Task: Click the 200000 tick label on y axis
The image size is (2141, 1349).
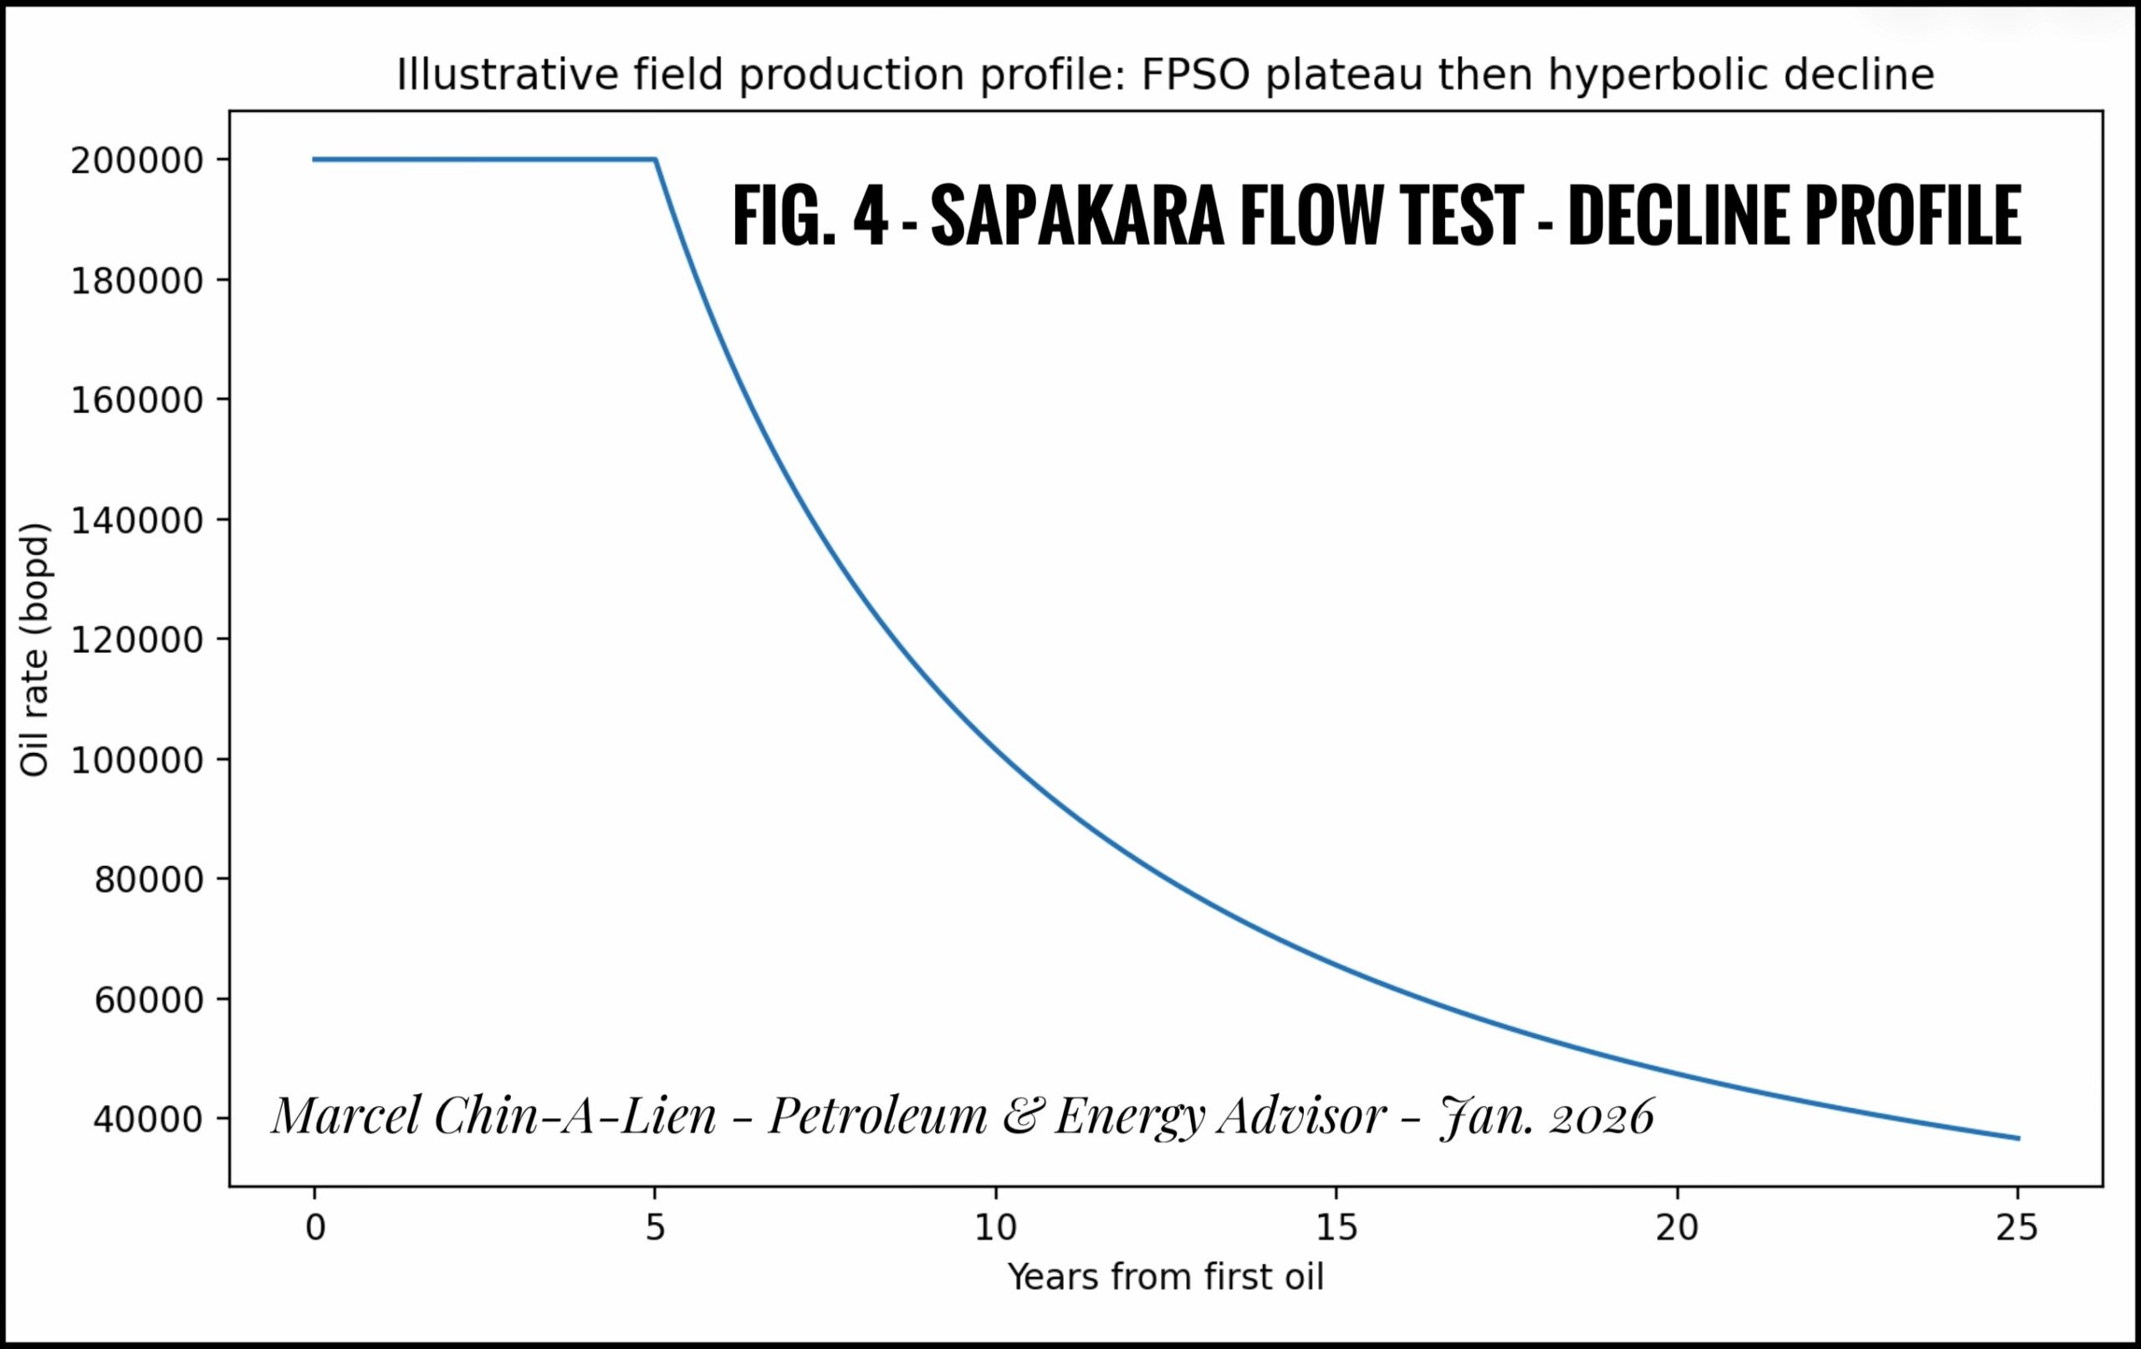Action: pos(138,160)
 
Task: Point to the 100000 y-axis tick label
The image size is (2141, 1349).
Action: pos(138,761)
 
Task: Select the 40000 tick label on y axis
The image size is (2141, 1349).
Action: pos(149,1120)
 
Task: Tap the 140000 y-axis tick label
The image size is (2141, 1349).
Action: pos(138,521)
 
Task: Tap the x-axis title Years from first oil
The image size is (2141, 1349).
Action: pos(1166,1277)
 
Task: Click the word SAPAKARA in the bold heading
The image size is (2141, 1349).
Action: pos(1076,216)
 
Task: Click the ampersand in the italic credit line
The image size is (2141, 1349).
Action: pos(1019,1116)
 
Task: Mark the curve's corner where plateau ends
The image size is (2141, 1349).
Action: pos(656,160)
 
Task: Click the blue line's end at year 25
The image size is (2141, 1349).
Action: pos(2017,1138)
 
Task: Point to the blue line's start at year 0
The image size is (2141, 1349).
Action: pos(314,160)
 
